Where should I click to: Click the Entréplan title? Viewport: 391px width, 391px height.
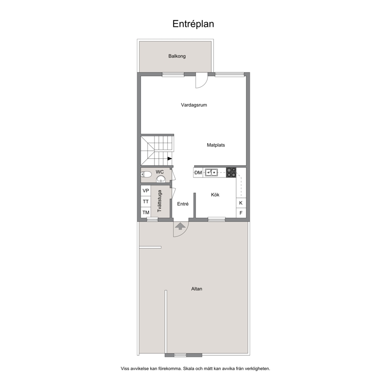point(193,24)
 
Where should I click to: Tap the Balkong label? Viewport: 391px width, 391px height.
point(177,56)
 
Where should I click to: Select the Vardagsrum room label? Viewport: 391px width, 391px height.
point(194,105)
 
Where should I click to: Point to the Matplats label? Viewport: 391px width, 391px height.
point(216,145)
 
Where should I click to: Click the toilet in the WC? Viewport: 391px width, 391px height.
point(146,174)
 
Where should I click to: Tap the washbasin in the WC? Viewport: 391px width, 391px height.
point(161,179)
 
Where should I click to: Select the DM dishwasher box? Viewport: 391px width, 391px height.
point(198,173)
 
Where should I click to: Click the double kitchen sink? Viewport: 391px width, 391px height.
point(211,172)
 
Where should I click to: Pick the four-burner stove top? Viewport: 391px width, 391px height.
point(231,173)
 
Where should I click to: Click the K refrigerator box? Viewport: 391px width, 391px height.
point(241,203)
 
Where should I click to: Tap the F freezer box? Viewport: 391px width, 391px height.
point(241,213)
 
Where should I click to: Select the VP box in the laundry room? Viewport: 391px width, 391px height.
point(146,191)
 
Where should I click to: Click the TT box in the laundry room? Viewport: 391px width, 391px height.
point(146,201)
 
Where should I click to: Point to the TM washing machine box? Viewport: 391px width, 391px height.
point(146,212)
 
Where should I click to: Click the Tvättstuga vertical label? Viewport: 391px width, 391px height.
point(160,201)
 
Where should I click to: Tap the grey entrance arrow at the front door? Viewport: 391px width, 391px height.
point(181,226)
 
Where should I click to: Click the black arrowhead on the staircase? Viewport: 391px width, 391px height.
point(170,158)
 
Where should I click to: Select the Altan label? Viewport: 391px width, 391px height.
point(197,289)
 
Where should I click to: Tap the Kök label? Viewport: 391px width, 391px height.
point(215,195)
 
